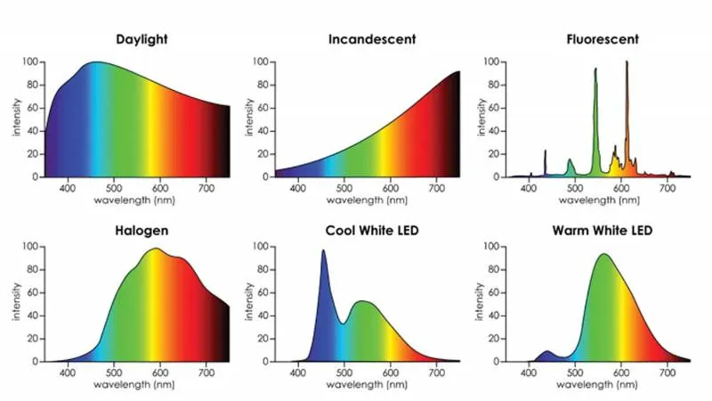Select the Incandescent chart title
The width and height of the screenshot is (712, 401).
click(x=372, y=40)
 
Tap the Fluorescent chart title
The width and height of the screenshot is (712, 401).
click(x=603, y=40)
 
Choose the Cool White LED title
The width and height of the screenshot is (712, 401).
click(x=373, y=231)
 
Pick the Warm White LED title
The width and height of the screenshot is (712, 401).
click(x=601, y=231)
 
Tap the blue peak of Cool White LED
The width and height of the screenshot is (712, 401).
click(x=323, y=252)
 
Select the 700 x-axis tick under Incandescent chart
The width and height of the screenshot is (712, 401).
click(x=436, y=188)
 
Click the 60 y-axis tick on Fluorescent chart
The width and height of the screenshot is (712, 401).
click(x=489, y=108)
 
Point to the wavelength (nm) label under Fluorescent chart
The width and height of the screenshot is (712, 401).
click(x=598, y=200)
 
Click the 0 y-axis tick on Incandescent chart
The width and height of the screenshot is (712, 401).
click(x=263, y=176)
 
